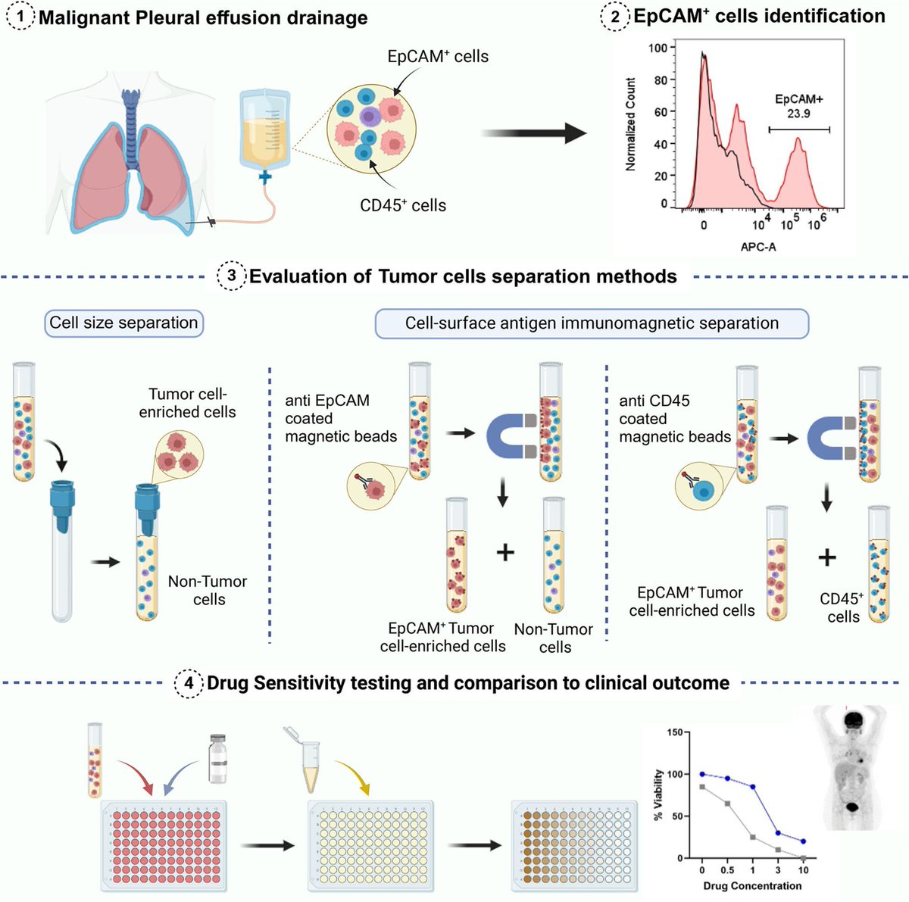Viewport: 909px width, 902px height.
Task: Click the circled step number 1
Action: (x=20, y=17)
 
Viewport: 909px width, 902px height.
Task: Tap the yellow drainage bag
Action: (x=264, y=129)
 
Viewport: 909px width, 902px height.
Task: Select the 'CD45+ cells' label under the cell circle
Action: (x=402, y=205)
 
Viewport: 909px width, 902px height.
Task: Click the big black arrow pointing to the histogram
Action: (x=534, y=134)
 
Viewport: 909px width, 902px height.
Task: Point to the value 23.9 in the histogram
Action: (x=798, y=114)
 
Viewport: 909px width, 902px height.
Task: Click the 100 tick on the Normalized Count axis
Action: (x=658, y=48)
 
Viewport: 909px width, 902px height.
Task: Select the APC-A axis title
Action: (x=757, y=247)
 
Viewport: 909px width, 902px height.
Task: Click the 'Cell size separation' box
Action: (x=123, y=323)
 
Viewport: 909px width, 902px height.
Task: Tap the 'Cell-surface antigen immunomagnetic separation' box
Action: (x=592, y=323)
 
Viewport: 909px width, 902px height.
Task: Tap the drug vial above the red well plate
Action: (x=217, y=759)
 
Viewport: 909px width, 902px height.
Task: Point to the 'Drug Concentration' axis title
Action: (x=751, y=885)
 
